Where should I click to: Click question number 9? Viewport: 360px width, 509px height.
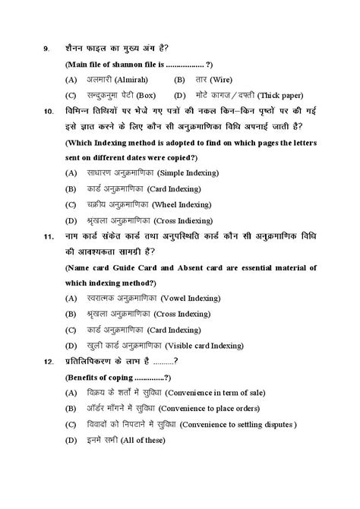coord(46,49)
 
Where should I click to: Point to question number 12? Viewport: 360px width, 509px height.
coord(48,361)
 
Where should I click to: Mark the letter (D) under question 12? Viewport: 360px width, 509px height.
coord(71,440)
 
